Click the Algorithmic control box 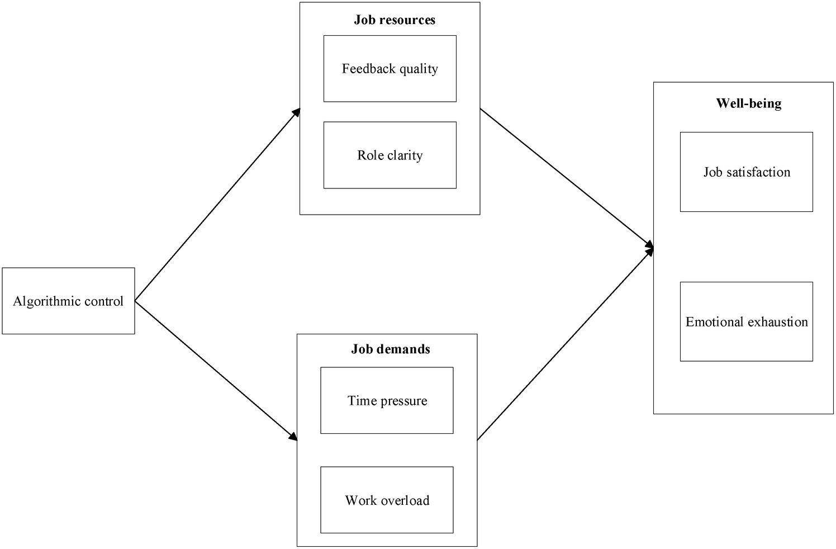pos(68,301)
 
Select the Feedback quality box pos(389,69)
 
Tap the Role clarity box pos(389,155)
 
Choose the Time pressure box pos(387,400)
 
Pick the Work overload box pos(387,500)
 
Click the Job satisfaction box pos(746,172)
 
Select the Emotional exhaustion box pos(746,321)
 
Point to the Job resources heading pos(395,20)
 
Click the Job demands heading pos(391,349)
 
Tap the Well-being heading pos(748,103)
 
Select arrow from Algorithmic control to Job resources pos(218,205)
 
